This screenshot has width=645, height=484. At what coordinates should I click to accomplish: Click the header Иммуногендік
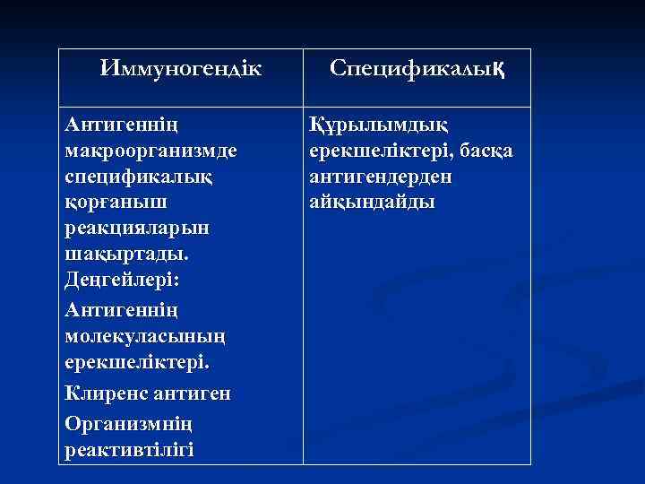(x=181, y=68)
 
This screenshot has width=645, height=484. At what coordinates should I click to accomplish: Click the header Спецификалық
(x=417, y=68)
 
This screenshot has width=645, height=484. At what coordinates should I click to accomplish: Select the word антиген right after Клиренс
(x=197, y=393)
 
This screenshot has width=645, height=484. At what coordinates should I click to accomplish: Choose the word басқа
(x=485, y=150)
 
